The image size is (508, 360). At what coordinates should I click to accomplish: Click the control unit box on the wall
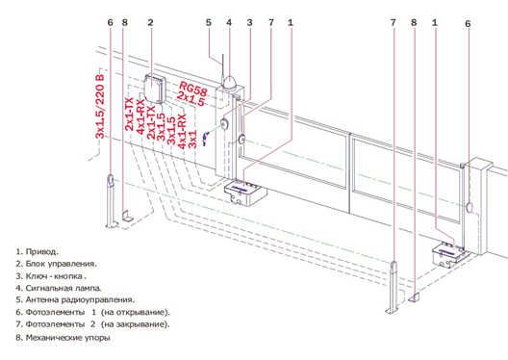point(155,89)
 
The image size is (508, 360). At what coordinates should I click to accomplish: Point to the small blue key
point(205,139)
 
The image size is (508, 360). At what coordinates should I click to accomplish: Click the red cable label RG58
point(193,89)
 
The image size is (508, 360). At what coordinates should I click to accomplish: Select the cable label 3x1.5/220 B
point(100,107)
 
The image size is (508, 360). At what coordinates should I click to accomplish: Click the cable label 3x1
point(192,139)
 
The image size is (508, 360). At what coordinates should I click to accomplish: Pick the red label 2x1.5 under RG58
point(190,98)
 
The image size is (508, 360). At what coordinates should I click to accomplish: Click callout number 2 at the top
point(150,23)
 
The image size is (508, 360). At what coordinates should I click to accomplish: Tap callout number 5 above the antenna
point(209,23)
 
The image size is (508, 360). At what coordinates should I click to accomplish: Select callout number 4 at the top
point(229,23)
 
